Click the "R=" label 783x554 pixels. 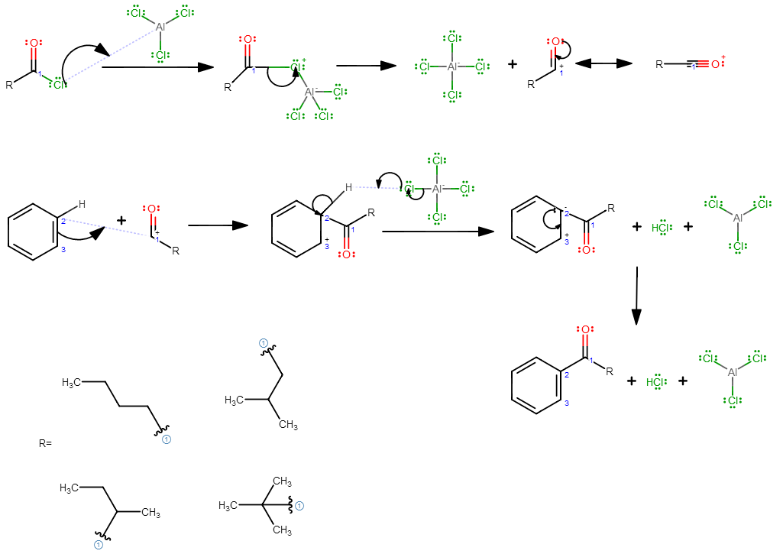[45, 443]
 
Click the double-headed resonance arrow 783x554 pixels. [603, 63]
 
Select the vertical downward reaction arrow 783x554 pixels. [636, 296]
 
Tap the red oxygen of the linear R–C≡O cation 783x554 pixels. [716, 64]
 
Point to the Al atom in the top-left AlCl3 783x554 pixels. [160, 27]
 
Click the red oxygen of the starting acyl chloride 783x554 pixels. [34, 43]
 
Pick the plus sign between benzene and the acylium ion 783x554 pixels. [121, 220]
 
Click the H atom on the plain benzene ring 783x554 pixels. [82, 204]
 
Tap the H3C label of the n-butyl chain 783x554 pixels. [71, 383]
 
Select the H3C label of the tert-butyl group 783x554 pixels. [228, 506]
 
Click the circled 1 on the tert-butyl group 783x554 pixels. [299, 506]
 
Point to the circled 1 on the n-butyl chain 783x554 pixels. [167, 439]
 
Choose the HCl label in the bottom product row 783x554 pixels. [656, 382]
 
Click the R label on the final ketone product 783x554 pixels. [610, 371]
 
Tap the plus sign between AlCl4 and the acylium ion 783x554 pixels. [513, 64]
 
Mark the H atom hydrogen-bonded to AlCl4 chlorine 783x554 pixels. [348, 187]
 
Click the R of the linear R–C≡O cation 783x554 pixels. [659, 64]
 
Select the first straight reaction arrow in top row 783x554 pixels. [158, 67]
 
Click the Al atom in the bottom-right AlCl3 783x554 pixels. [733, 372]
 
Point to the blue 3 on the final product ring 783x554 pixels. [566, 403]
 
